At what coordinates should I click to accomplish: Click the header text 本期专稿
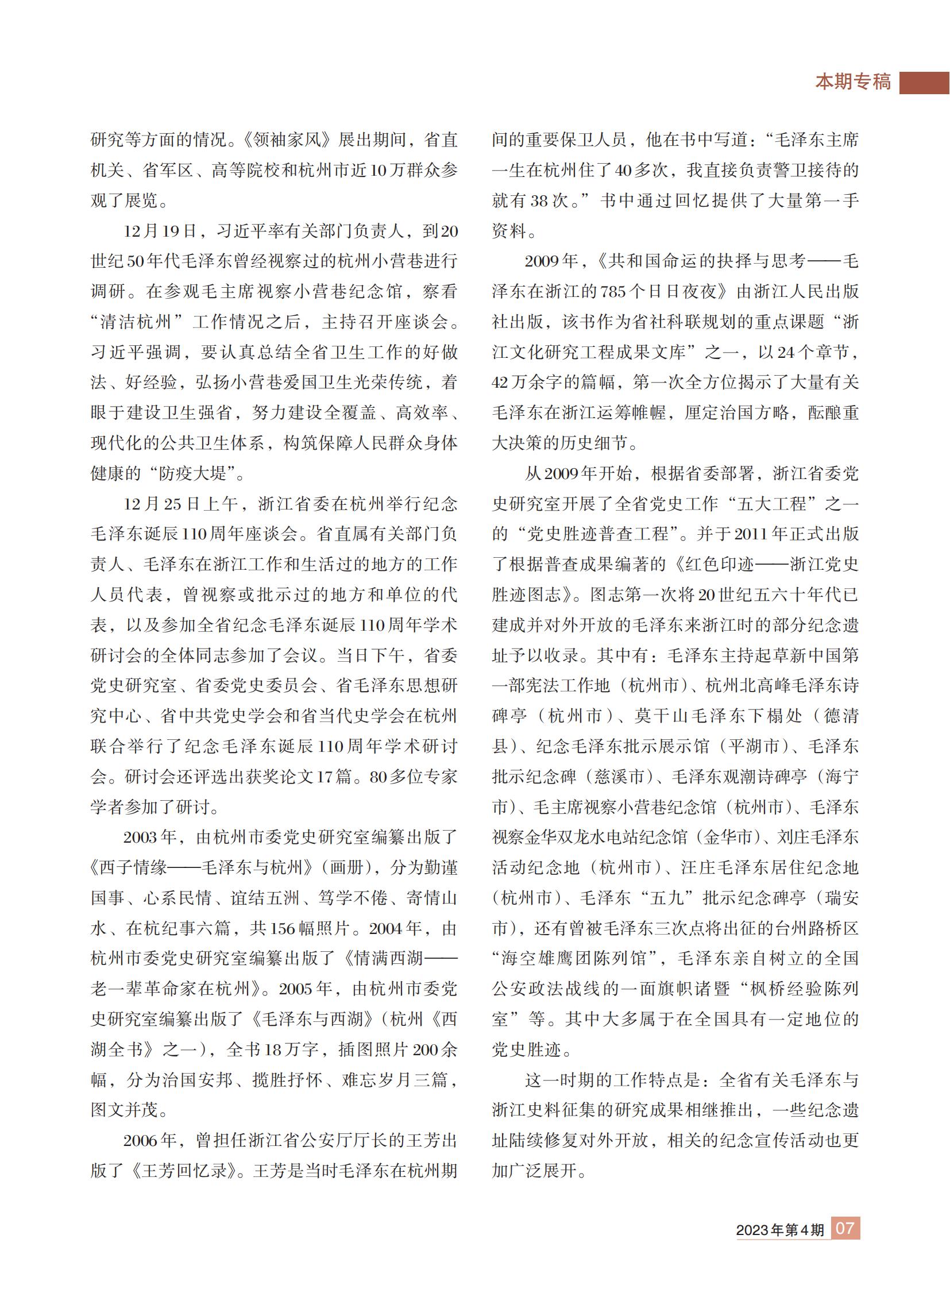pos(854,82)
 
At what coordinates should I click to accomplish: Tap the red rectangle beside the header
pos(924,82)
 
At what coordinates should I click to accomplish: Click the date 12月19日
pos(160,231)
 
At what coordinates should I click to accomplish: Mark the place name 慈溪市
pos(619,777)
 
